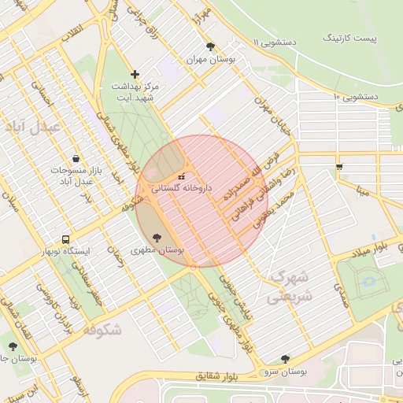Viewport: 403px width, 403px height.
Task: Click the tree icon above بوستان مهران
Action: coord(209,46)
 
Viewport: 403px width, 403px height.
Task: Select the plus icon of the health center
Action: coord(135,74)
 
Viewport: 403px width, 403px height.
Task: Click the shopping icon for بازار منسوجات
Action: coord(76,158)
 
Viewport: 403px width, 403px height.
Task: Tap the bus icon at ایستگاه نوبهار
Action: coord(66,239)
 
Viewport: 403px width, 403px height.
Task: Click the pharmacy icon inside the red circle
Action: coord(183,176)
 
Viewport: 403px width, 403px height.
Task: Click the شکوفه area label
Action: coord(99,330)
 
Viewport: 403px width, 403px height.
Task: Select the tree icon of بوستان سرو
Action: coord(285,358)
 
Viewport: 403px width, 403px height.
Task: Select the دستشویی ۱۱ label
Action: coord(275,41)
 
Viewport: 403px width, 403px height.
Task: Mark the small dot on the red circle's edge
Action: coord(193,267)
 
